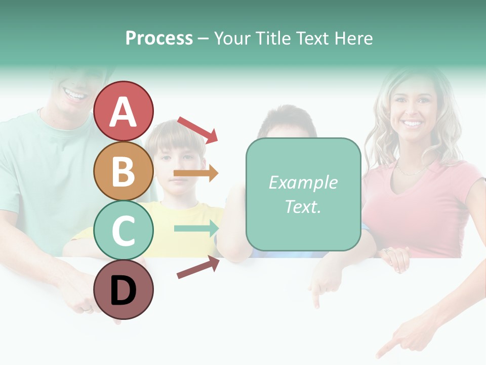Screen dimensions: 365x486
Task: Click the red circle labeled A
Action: click(x=124, y=112)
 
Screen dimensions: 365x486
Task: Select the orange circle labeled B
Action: click(x=124, y=171)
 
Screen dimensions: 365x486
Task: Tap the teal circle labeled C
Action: click(x=124, y=230)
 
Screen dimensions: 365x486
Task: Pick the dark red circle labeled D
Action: click(x=124, y=290)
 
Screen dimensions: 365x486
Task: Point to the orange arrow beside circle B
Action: click(x=196, y=173)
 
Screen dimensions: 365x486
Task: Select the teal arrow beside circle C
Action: click(x=196, y=229)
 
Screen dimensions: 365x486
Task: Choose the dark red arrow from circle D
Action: click(x=198, y=267)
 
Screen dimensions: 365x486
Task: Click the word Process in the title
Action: click(x=159, y=38)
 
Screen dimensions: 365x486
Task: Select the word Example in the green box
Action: click(x=303, y=182)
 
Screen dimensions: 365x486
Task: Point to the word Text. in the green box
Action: click(x=303, y=206)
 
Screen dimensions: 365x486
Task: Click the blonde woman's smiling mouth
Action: click(x=413, y=123)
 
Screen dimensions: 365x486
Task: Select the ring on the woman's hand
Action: click(x=387, y=250)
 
